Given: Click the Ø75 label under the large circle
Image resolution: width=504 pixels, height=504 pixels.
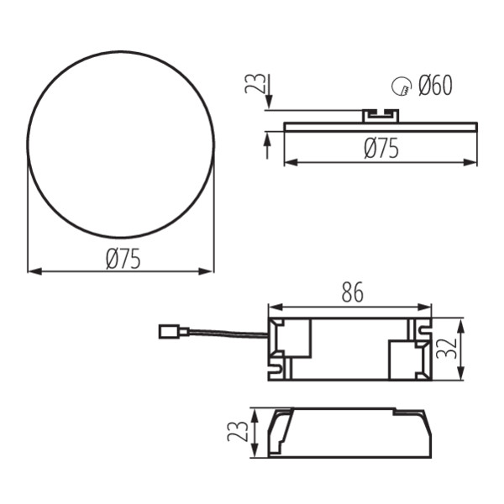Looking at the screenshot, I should tap(123, 260).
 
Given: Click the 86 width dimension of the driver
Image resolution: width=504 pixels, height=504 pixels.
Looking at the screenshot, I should tap(352, 293).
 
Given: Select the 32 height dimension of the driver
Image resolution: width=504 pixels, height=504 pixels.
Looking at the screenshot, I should tap(452, 348).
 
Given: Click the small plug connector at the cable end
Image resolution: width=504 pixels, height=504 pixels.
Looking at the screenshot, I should tap(170, 332).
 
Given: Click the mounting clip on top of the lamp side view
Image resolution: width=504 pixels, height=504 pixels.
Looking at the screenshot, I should tap(381, 115).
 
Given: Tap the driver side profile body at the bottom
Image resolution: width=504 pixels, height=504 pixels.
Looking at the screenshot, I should tap(353, 434).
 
